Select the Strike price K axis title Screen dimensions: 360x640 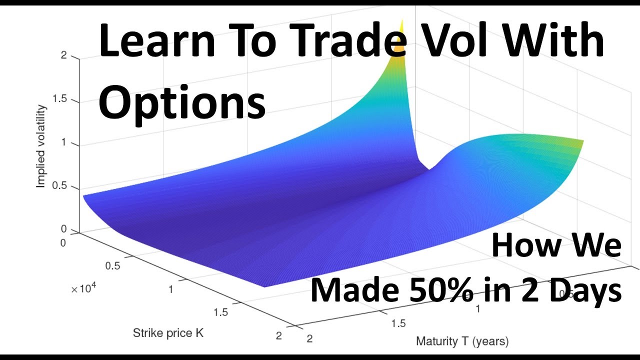tap(168, 332)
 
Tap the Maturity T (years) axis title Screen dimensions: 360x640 tap(462, 342)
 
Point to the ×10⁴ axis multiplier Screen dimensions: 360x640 tap(84, 289)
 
